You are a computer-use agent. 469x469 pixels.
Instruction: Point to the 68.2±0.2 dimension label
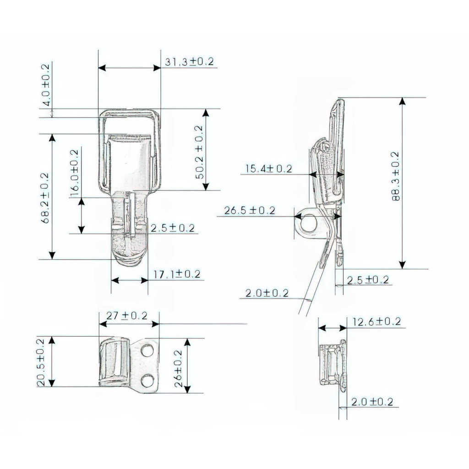point(46,197)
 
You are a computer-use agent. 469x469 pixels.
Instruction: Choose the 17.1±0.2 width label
point(177,274)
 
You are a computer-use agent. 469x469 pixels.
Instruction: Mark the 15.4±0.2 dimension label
point(268,169)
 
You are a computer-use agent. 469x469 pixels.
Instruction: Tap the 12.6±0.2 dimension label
point(376,322)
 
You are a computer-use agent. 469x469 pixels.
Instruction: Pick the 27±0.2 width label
point(126,316)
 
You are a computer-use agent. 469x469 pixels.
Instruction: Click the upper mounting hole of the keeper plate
point(147,351)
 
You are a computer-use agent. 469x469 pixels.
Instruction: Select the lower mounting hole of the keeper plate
point(147,381)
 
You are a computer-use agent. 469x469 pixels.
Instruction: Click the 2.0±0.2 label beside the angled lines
point(266,293)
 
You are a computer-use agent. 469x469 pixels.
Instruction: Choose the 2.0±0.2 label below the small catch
point(372,402)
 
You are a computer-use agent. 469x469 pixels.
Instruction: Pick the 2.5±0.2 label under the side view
point(367,279)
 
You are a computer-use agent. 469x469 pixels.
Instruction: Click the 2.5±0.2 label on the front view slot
point(172,228)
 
